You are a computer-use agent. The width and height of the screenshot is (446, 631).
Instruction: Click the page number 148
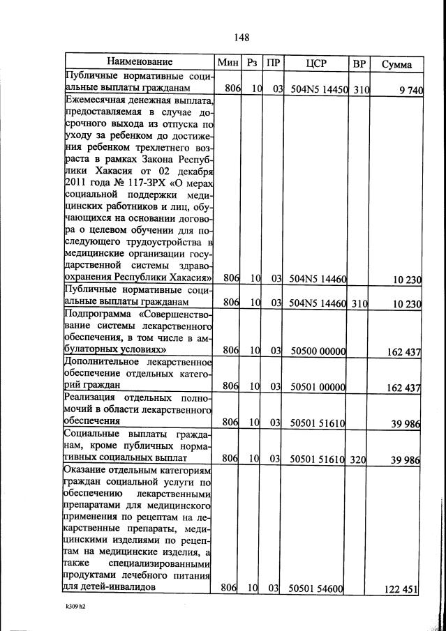tap(241, 37)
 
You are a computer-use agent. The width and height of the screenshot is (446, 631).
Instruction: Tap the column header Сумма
tap(396, 64)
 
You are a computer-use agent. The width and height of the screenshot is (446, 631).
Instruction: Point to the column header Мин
tap(228, 63)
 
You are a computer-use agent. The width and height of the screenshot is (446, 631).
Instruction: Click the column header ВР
tap(359, 63)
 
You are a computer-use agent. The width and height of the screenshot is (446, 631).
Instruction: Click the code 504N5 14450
tap(319, 89)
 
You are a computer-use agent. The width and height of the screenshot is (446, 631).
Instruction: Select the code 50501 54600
tap(318, 589)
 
